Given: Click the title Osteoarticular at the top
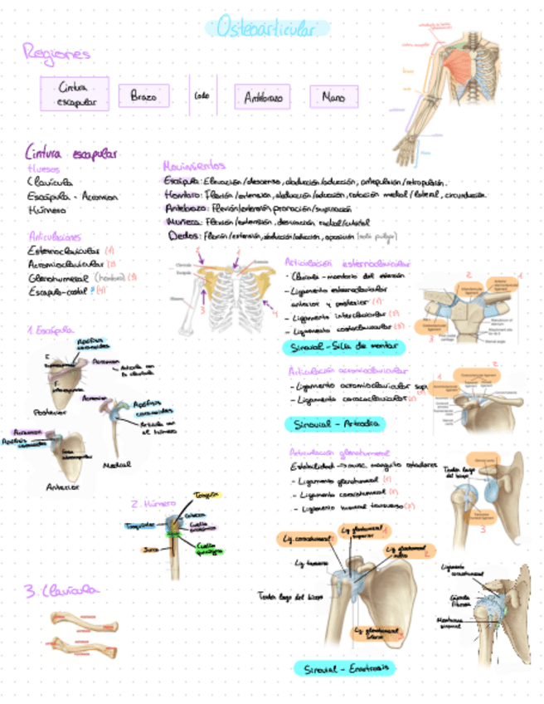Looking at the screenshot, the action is point(266,29).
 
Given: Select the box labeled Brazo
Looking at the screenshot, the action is point(143,96).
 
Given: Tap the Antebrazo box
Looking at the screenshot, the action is point(262,97).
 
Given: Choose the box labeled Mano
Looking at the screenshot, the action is point(333,97).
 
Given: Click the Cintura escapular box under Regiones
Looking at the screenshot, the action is point(75,94).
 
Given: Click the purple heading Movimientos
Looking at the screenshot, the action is point(194,165).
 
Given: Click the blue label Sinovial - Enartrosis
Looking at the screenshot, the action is point(344,668).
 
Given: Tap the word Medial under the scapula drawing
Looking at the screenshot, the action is point(116,466).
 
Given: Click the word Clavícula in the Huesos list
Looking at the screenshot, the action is point(49,182).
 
